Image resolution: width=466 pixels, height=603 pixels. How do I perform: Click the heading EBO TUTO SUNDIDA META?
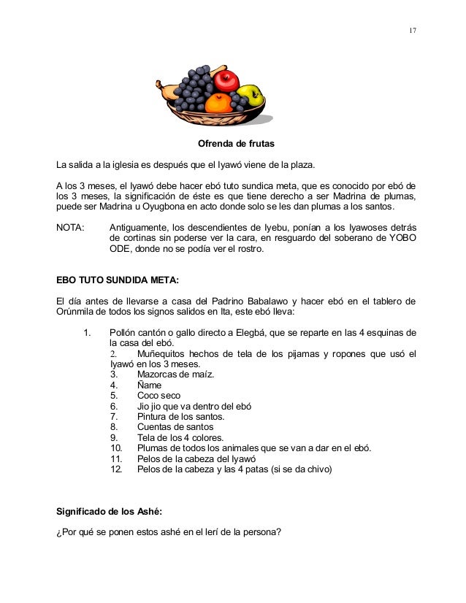pos(118,279)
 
